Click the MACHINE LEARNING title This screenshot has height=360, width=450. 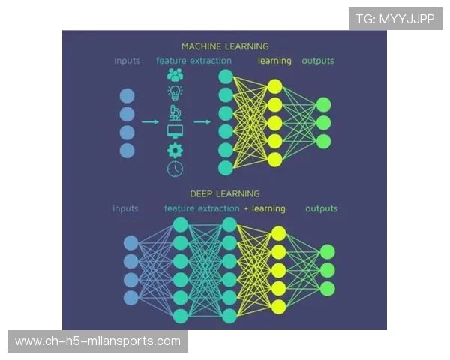coord(225,46)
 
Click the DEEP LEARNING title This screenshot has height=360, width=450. coord(225,193)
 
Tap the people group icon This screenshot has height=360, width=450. coord(175,75)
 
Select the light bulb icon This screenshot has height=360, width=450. coord(175,93)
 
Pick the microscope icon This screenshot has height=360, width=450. coord(175,112)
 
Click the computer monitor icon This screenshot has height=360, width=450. coord(175,131)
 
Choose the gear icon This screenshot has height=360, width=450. coord(175,150)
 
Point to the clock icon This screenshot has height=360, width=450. coord(175,169)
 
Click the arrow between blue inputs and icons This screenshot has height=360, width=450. coord(150,121)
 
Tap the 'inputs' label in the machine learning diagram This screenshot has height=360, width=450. coord(127,61)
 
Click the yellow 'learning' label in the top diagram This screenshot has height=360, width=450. coord(274,61)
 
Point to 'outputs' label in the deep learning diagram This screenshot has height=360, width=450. coord(321,208)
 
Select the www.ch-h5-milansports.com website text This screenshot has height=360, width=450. coord(97,341)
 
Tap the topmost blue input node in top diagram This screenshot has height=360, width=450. coord(127,95)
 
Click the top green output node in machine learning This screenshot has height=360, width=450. coord(323,105)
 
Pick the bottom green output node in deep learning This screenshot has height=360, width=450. coord(327,289)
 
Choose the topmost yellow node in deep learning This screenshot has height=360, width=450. coord(278,233)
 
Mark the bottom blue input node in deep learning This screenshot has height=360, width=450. coord(131,298)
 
